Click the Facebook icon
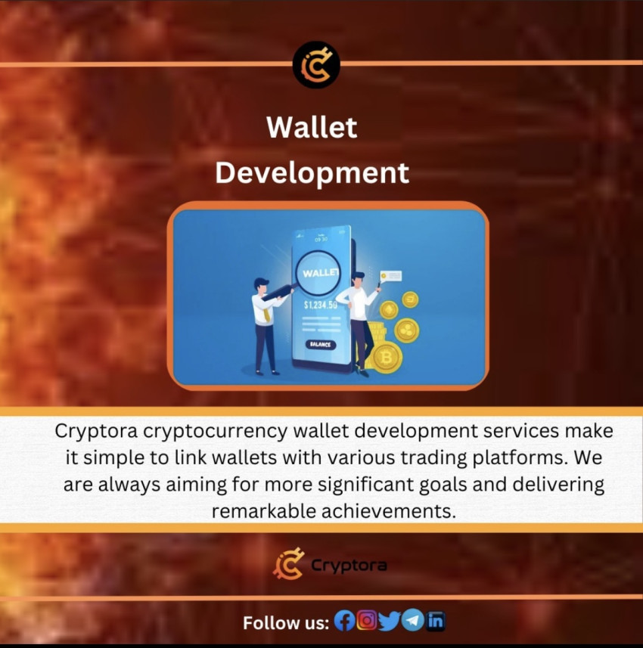pos(344,622)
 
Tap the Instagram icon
pos(367,621)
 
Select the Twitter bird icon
pos(389,622)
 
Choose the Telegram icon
pos(412,621)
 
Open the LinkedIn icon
pos(436,622)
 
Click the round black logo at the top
pos(316,65)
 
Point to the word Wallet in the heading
pos(312,127)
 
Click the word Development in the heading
pos(312,172)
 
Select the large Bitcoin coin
pos(387,357)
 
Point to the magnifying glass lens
pos(319,272)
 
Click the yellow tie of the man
pos(267,307)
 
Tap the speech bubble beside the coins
pos(392,276)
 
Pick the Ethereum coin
pos(389,310)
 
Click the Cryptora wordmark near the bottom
pos(349,566)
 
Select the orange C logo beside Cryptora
pos(288,564)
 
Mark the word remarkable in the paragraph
pos(258,510)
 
